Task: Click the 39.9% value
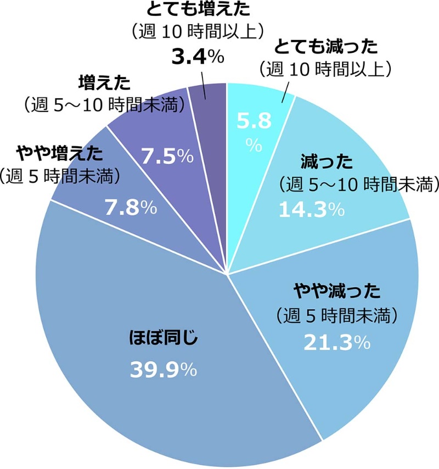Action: (164, 370)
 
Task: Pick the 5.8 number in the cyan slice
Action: (254, 121)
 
